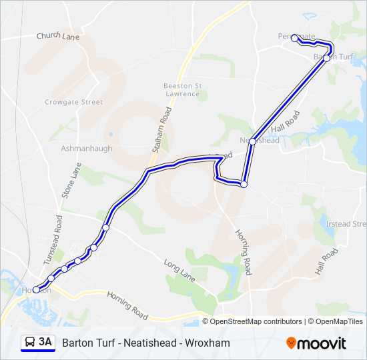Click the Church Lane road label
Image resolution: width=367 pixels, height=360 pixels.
coord(58,37)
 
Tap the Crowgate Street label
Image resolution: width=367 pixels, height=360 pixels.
coord(73,102)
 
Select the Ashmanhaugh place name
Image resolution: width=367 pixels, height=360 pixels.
coord(86,148)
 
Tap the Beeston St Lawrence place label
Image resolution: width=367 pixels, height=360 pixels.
coord(181,89)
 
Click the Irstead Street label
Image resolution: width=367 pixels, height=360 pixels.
coord(346,224)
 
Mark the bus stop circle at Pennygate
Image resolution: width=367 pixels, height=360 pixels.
coord(294,38)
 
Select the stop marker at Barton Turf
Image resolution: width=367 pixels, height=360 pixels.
coord(326,58)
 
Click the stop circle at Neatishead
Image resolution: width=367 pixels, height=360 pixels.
coord(252,141)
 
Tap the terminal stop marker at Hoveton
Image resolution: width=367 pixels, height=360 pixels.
coord(36,290)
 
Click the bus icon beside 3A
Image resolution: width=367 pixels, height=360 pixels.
coord(30,343)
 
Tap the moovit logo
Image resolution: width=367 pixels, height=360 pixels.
coord(316,343)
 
